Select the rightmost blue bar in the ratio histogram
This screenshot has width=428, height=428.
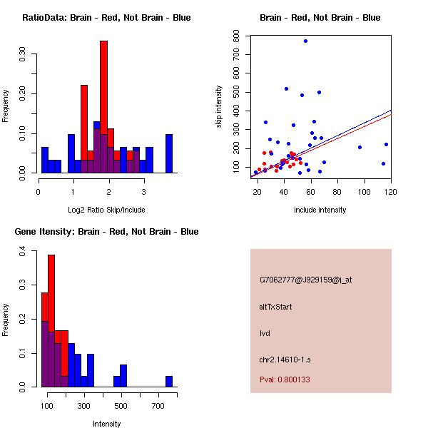click(169, 153)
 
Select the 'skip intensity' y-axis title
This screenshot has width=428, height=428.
click(219, 107)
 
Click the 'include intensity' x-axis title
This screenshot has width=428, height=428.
click(320, 210)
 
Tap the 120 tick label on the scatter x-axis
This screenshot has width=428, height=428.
click(391, 192)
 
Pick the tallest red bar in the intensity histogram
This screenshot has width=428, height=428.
click(51, 321)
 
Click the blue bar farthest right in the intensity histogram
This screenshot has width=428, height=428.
click(169, 382)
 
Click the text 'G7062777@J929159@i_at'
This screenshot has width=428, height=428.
click(306, 280)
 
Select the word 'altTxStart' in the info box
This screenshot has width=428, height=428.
click(276, 307)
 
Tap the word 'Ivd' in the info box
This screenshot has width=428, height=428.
click(265, 333)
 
